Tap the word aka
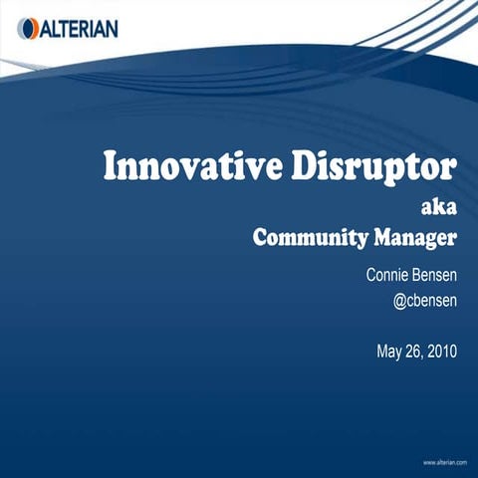click(x=439, y=208)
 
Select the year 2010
click(x=441, y=351)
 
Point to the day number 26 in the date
click(x=413, y=351)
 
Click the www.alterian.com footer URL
click(x=445, y=462)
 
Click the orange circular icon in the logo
click(x=27, y=29)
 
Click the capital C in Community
click(x=260, y=239)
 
